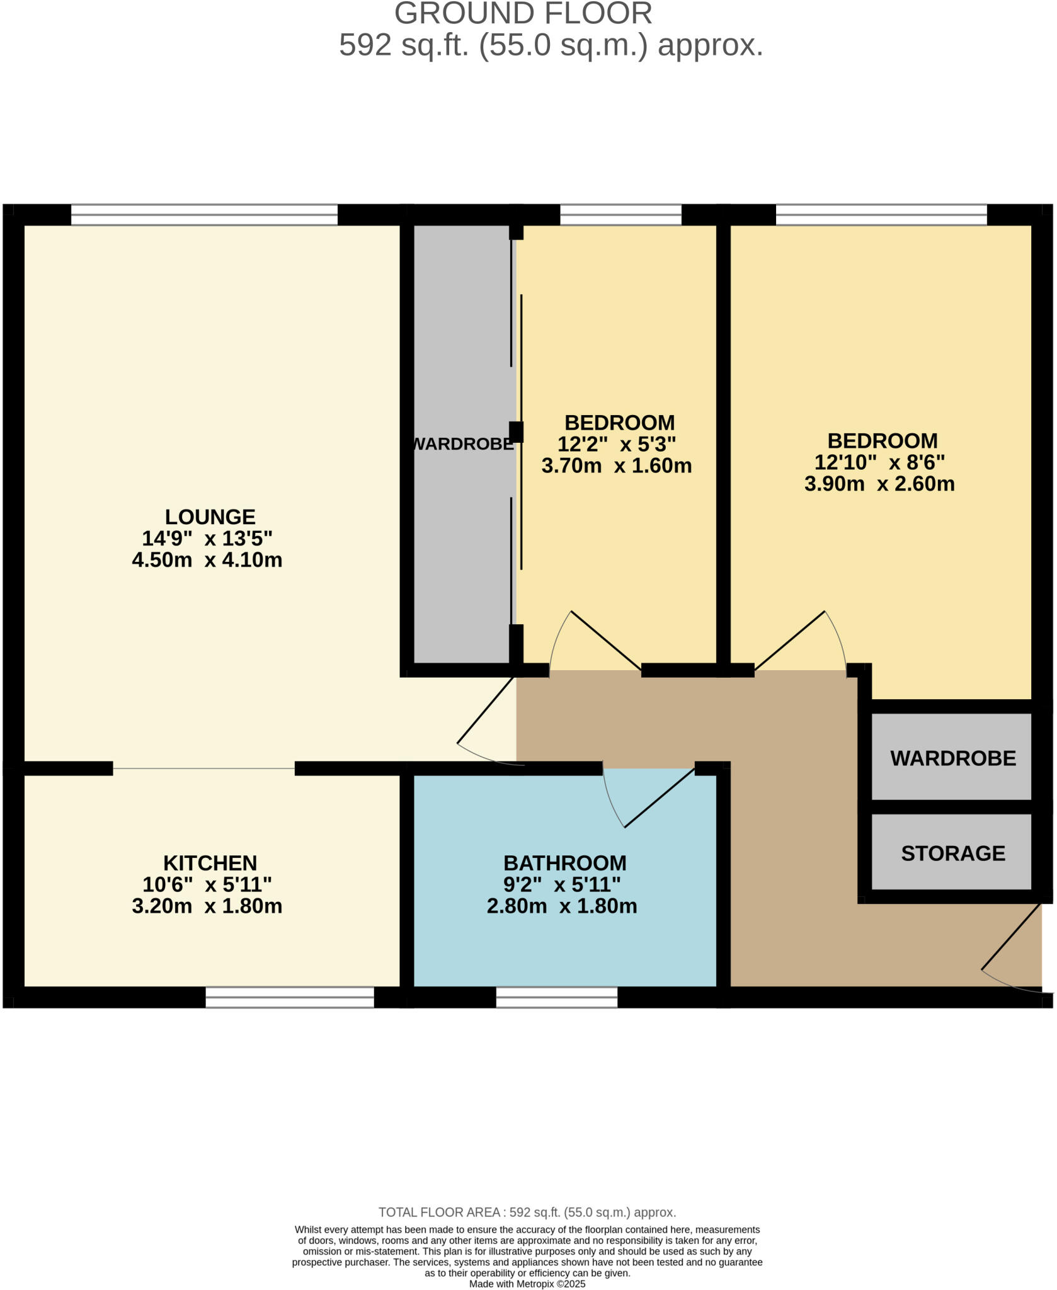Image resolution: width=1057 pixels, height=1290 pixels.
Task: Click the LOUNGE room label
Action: pos(210,517)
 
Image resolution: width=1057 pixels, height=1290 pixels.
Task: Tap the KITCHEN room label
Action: pos(210,863)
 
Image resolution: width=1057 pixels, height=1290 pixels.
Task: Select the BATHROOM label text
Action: pos(564,863)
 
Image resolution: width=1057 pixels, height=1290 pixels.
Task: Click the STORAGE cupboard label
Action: pos(952,853)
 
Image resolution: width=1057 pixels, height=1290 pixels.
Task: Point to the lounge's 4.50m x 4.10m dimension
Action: pos(207,560)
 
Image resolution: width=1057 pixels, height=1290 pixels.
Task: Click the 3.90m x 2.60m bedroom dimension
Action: pos(879,484)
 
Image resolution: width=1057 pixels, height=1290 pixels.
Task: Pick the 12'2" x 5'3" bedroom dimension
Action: pos(617,445)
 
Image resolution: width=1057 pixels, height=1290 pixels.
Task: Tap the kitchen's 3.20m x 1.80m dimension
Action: pos(207,906)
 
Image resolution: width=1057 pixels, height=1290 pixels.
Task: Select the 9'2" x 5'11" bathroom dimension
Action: pos(562,885)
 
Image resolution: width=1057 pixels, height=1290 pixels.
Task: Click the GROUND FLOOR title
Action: pos(523,14)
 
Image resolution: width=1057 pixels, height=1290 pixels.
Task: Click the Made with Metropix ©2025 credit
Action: pos(527,1284)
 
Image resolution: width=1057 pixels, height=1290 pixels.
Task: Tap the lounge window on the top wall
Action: pos(204,215)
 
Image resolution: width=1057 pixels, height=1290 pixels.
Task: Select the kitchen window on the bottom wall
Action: pos(290,997)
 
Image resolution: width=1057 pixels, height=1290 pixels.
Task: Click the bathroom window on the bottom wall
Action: pos(556,997)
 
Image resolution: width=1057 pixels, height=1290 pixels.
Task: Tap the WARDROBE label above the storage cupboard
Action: pos(952,758)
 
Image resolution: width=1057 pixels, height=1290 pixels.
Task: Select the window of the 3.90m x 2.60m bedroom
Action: pos(881,215)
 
